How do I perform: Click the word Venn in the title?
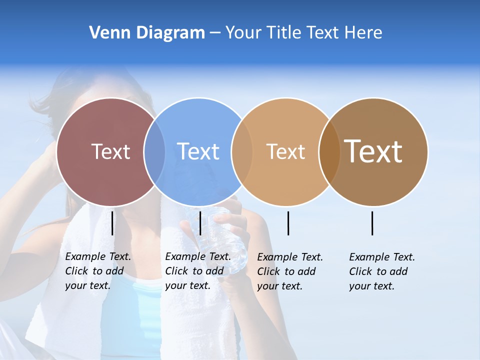105,33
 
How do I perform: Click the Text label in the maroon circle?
110,151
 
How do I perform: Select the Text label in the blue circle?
198,151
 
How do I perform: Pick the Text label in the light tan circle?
285,151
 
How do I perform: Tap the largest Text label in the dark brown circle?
373,151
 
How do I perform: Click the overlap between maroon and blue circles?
154,152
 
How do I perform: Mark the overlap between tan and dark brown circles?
329,152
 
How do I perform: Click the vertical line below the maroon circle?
112,223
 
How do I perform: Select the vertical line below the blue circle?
200,223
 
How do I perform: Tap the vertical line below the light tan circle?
288,223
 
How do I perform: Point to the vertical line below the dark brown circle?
372,223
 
